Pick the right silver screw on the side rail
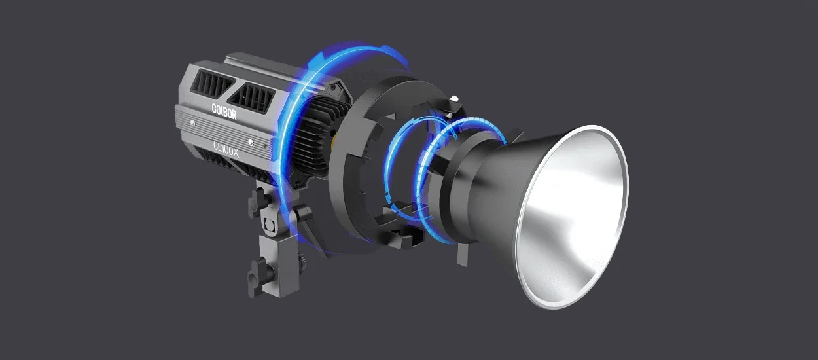(x=251, y=141)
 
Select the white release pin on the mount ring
(x=454, y=99)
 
